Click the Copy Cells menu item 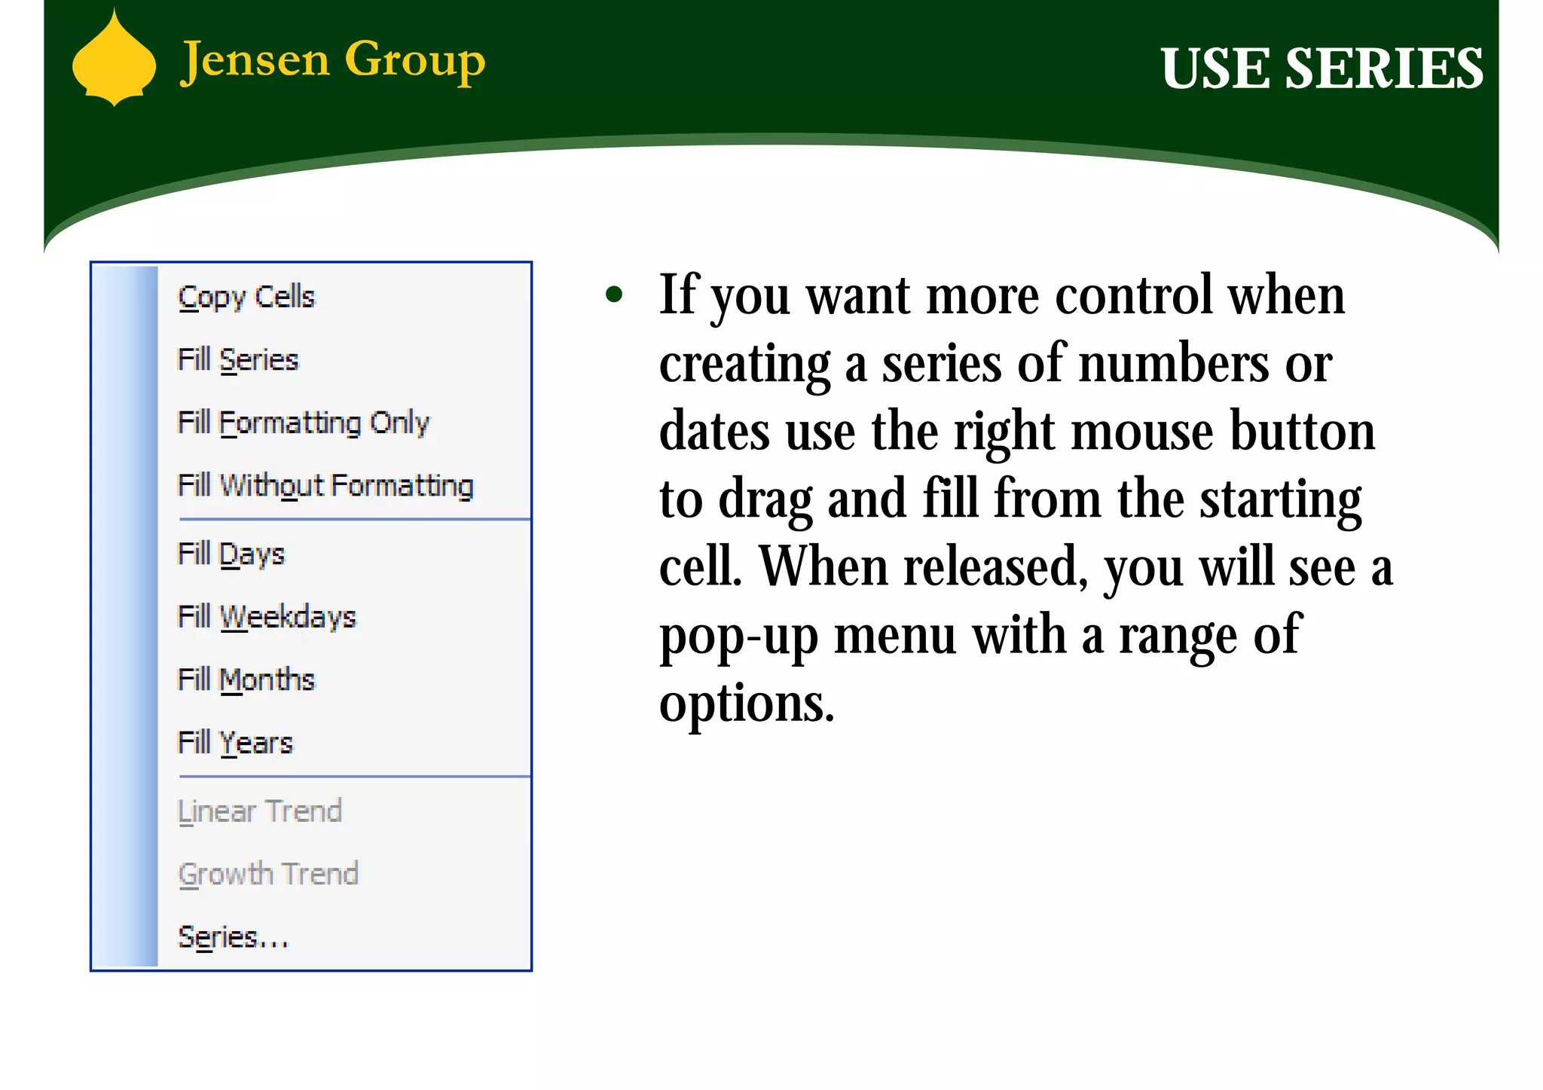pyautogui.click(x=246, y=297)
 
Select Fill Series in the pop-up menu pyautogui.click(x=238, y=360)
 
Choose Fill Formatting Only pyautogui.click(x=303, y=423)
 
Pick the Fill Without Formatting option pyautogui.click(x=325, y=486)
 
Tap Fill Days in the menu pyautogui.click(x=231, y=554)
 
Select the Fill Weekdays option pyautogui.click(x=267, y=617)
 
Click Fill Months pyautogui.click(x=246, y=680)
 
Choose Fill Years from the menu pyautogui.click(x=235, y=743)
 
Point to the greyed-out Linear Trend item pyautogui.click(x=260, y=811)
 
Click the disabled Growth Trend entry pyautogui.click(x=268, y=875)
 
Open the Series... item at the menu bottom pyautogui.click(x=233, y=938)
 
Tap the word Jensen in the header pyautogui.click(x=255, y=60)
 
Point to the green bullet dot pyautogui.click(x=614, y=295)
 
